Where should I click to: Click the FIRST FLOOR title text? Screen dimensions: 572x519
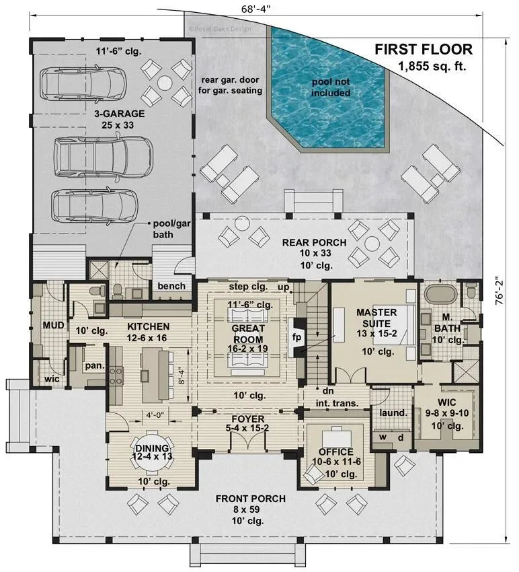(423, 49)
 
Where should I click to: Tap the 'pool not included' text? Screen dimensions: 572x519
(330, 87)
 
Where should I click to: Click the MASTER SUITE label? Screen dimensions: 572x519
(376, 318)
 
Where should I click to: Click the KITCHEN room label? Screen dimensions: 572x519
(148, 326)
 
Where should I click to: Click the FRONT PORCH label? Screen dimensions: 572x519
(250, 498)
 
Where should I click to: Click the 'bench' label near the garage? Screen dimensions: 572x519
(171, 286)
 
